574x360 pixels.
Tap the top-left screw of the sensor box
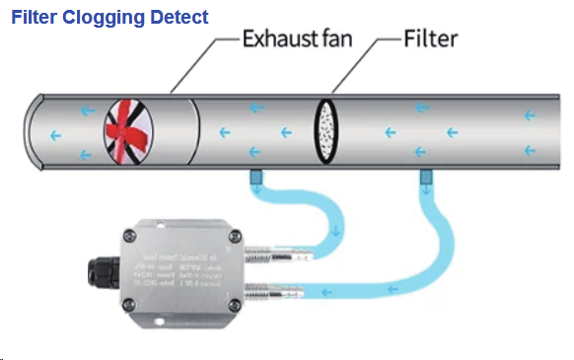129,235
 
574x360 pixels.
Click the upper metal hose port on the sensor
272,255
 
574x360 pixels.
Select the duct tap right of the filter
426,177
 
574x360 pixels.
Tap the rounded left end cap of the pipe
34,130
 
